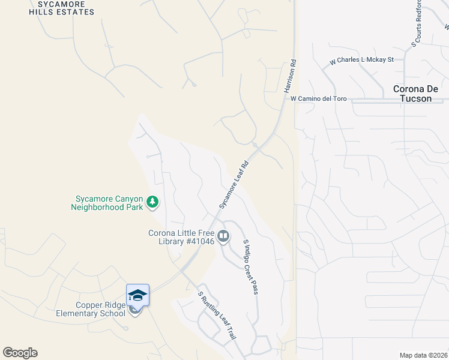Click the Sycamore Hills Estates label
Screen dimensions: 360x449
[x=65, y=8]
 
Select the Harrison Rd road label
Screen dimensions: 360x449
[x=291, y=76]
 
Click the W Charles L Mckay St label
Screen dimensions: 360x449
[x=361, y=60]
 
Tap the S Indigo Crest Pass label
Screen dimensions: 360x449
[x=250, y=266]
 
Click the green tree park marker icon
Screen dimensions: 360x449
[x=152, y=202]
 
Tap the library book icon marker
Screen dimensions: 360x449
[x=223, y=237]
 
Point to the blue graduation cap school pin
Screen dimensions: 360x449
[x=137, y=295]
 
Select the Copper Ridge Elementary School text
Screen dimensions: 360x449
[x=91, y=309]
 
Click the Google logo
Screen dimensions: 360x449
[x=20, y=353]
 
